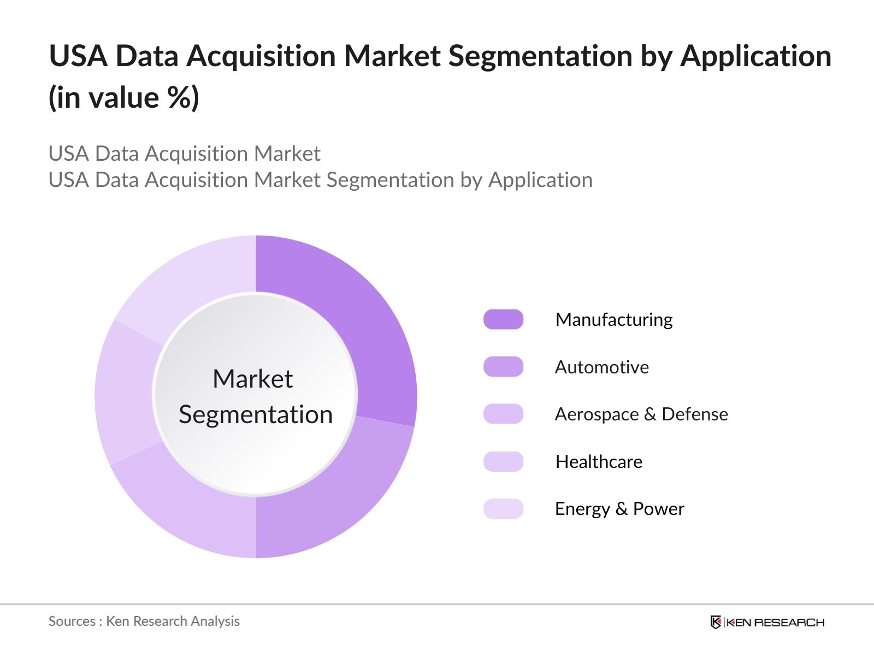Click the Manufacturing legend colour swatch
point(503,319)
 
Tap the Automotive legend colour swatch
point(503,366)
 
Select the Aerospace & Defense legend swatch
point(503,414)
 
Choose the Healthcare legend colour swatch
point(503,461)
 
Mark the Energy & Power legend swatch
point(503,508)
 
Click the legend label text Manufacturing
point(614,320)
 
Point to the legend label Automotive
point(601,367)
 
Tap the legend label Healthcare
point(599,461)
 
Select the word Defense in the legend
point(695,414)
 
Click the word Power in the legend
point(659,508)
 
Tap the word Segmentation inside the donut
point(256,415)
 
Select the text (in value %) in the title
point(123,97)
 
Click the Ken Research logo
point(767,622)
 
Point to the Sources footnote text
point(144,622)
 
